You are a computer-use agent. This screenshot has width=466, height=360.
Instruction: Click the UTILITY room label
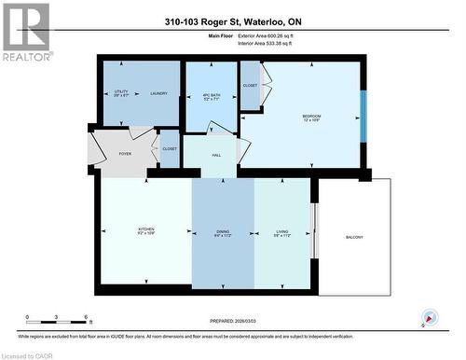120,92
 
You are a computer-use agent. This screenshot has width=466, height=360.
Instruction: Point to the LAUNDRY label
158,93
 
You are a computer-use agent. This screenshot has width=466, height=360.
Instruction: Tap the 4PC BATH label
210,95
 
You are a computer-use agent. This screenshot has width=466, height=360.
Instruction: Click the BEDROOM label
310,118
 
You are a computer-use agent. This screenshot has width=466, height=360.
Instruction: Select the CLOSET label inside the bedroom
249,84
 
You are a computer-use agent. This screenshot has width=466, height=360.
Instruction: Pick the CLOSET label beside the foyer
169,148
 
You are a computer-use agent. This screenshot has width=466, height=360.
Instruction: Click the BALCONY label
353,237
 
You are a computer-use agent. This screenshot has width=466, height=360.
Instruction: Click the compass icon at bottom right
429,318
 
